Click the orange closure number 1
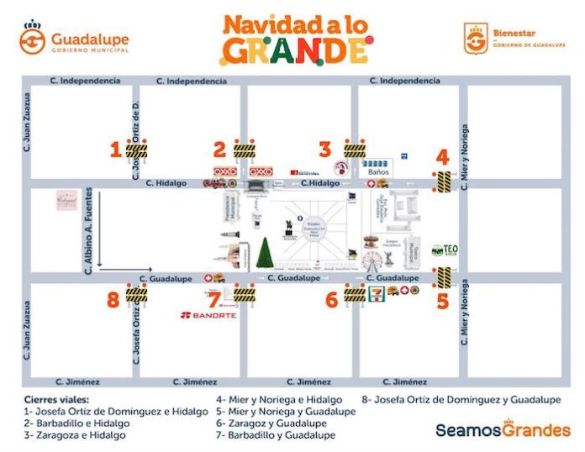coord(115,150)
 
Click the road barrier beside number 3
coord(354,150)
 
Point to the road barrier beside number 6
coord(354,295)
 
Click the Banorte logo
coord(208,316)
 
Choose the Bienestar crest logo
coord(476,39)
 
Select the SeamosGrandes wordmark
coord(503,430)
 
